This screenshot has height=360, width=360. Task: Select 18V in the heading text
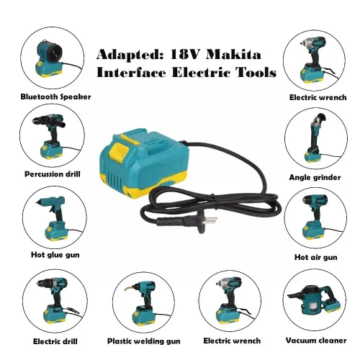click(x=184, y=54)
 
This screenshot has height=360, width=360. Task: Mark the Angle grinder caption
click(x=315, y=176)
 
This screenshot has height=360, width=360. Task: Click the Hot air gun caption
click(x=315, y=257)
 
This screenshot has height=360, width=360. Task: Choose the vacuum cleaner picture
click(x=315, y=302)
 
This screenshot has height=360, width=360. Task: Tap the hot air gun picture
click(x=315, y=217)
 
